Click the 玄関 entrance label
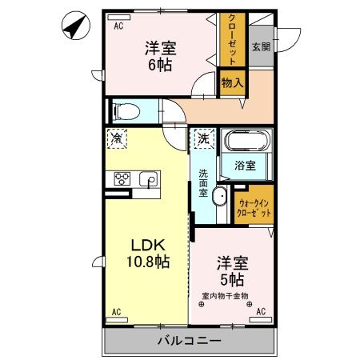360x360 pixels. click(260, 46)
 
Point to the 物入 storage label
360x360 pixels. click(232, 82)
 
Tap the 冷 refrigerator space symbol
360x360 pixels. click(117, 138)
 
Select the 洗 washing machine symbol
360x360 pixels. click(203, 138)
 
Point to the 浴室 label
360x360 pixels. click(245, 166)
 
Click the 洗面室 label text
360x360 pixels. click(204, 183)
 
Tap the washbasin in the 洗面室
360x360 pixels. click(222, 201)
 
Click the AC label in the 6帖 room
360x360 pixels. click(118, 26)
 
